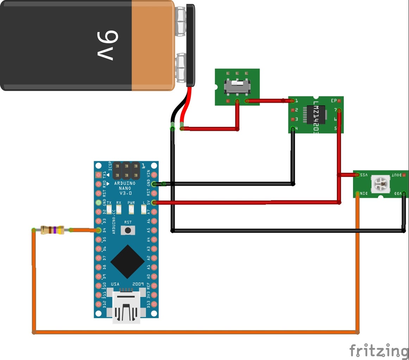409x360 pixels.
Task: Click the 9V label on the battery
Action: pyautogui.click(x=108, y=45)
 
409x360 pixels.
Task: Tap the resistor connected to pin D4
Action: pyautogui.click(x=52, y=230)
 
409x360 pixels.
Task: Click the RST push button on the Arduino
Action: pyautogui.click(x=128, y=230)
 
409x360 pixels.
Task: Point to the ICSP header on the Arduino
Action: pyautogui.click(x=126, y=170)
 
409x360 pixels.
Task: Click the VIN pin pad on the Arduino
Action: pyautogui.click(x=153, y=175)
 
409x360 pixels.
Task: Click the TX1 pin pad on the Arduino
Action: pyautogui.click(x=99, y=175)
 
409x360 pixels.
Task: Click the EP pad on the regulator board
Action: pyautogui.click(x=339, y=101)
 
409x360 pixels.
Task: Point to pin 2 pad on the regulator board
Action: pyautogui.click(x=292, y=110)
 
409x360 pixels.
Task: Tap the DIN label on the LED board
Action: pyautogui.click(x=364, y=193)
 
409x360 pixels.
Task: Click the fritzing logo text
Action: pyautogui.click(x=378, y=351)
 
